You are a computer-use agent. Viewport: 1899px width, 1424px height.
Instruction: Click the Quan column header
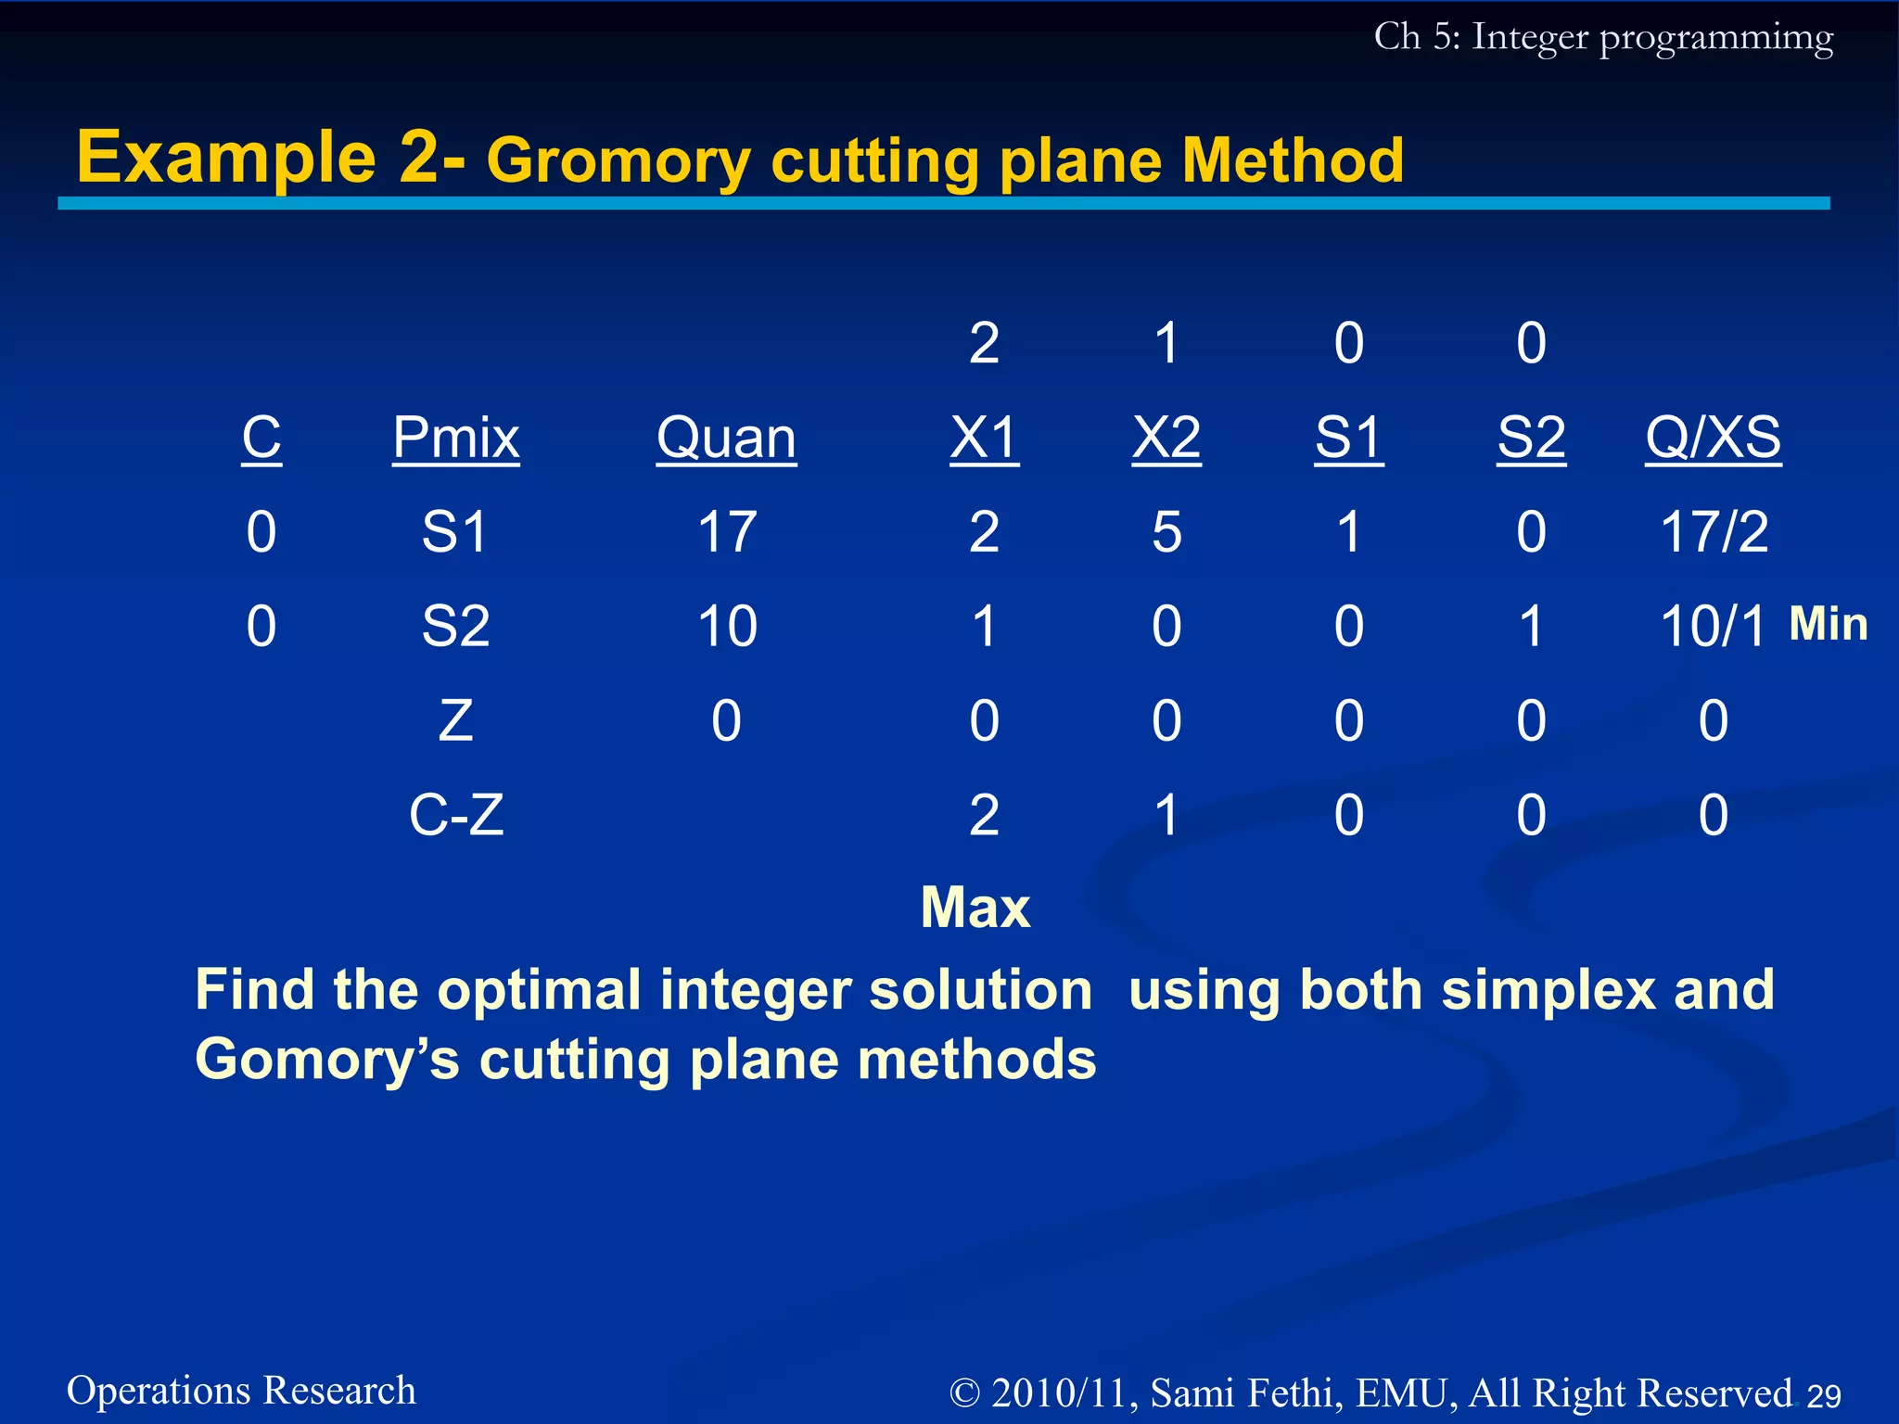click(726, 438)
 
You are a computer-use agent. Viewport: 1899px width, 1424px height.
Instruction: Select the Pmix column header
click(455, 438)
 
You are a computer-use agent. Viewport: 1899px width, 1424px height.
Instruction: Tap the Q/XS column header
click(1713, 438)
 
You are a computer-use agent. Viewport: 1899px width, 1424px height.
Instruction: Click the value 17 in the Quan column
click(726, 532)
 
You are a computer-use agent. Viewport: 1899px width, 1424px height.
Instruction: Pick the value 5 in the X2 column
click(1166, 532)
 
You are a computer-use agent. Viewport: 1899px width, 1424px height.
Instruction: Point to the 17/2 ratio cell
click(1714, 532)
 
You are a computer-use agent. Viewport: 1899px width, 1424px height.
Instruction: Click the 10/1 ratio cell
click(1712, 627)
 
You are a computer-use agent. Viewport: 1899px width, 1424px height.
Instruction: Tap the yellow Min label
click(1828, 624)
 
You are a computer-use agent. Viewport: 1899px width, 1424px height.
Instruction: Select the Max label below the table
click(975, 907)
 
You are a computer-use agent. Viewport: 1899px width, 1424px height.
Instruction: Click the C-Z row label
click(456, 815)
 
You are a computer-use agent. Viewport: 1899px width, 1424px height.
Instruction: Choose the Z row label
click(455, 720)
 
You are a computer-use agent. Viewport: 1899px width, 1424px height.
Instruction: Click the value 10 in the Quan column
click(727, 627)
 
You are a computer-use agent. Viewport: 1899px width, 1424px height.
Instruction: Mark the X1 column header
click(984, 438)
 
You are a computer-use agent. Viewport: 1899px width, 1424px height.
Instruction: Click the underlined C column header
click(261, 438)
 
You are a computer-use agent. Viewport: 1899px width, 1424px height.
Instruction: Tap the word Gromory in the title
click(618, 161)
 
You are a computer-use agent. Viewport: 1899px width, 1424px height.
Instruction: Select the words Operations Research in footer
click(241, 1391)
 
